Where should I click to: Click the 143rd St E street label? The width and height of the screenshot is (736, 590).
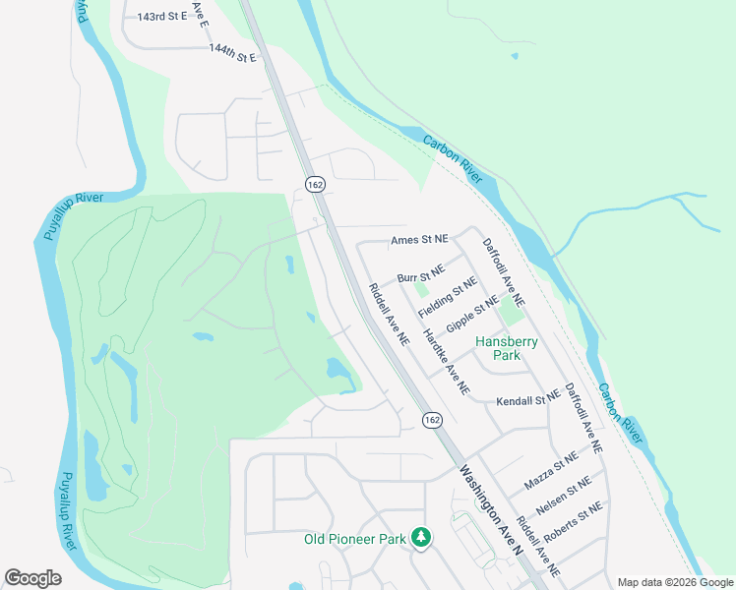pos(161,18)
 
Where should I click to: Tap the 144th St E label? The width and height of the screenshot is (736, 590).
pos(232,52)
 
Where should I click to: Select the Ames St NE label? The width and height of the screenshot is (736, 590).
pos(419,239)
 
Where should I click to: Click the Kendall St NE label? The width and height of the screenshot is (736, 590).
pos(527,401)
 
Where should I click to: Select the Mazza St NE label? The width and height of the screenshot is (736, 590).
pos(551,472)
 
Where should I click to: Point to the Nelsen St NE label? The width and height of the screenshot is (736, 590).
pos(564,496)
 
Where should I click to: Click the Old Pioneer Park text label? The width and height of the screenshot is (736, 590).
pos(354,538)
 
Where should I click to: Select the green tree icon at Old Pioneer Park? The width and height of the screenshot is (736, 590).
pos(421,537)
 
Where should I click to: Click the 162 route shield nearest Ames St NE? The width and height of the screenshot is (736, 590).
pos(315,184)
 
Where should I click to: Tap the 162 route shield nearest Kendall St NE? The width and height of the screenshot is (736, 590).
pos(431,420)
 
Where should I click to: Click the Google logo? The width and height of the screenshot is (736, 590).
pos(33,578)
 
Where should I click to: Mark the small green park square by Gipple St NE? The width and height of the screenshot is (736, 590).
pos(511,312)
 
